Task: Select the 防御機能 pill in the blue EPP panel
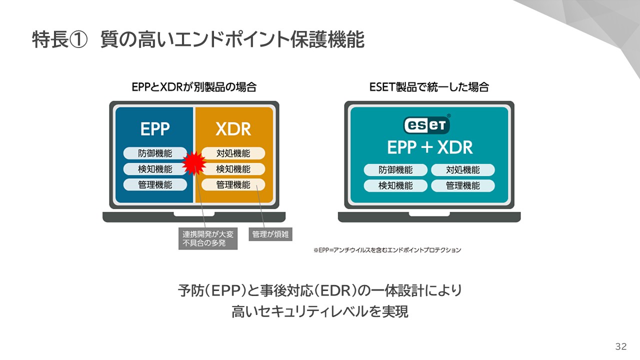click(x=155, y=153)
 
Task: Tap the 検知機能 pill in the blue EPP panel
click(x=155, y=169)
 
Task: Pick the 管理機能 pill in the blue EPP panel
click(x=155, y=184)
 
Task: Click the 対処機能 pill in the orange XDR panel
click(x=233, y=153)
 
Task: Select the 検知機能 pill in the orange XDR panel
click(x=233, y=169)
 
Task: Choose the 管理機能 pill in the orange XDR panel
click(x=233, y=184)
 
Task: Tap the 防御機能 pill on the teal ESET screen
click(x=395, y=170)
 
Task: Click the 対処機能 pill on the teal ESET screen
click(x=462, y=170)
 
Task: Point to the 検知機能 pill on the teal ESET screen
click(x=395, y=186)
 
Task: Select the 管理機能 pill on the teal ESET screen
click(x=462, y=186)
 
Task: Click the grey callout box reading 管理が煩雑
click(x=270, y=233)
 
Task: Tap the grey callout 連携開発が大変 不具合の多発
click(x=207, y=238)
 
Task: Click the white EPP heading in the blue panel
click(x=155, y=129)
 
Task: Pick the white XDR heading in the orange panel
click(x=233, y=129)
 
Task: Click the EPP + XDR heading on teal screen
click(x=429, y=147)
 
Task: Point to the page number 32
click(x=621, y=346)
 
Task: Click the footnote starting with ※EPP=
click(x=387, y=250)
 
